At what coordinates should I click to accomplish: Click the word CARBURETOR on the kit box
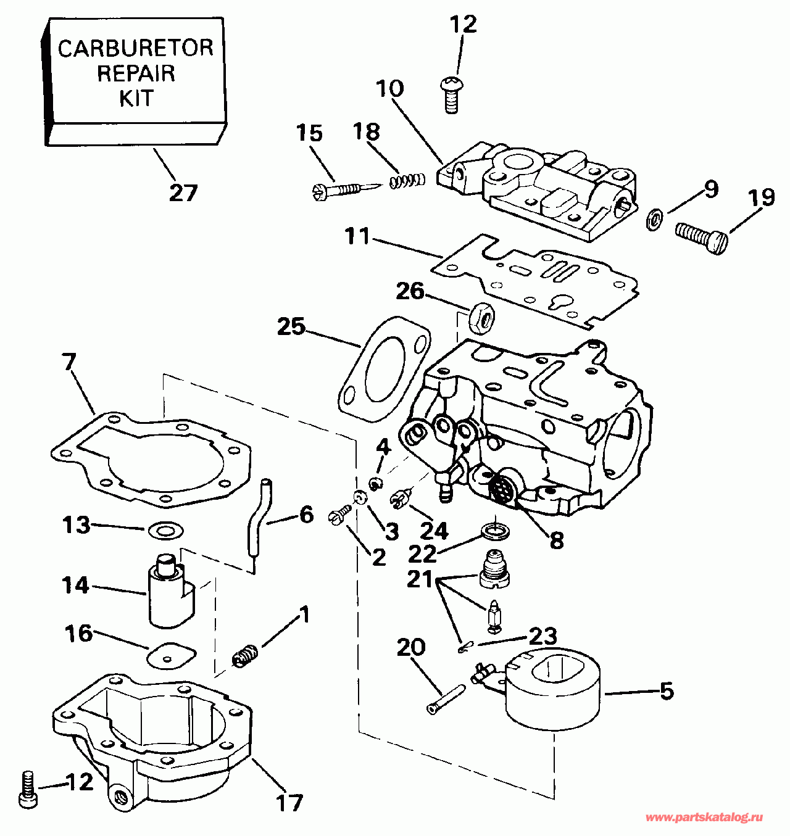coord(135,48)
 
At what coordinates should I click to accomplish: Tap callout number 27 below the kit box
coord(183,193)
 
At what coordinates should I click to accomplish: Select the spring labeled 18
coord(407,180)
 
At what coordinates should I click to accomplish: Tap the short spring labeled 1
coord(245,655)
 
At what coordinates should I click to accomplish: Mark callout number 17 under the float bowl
coord(289,802)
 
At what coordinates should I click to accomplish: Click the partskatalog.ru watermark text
coord(704,817)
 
